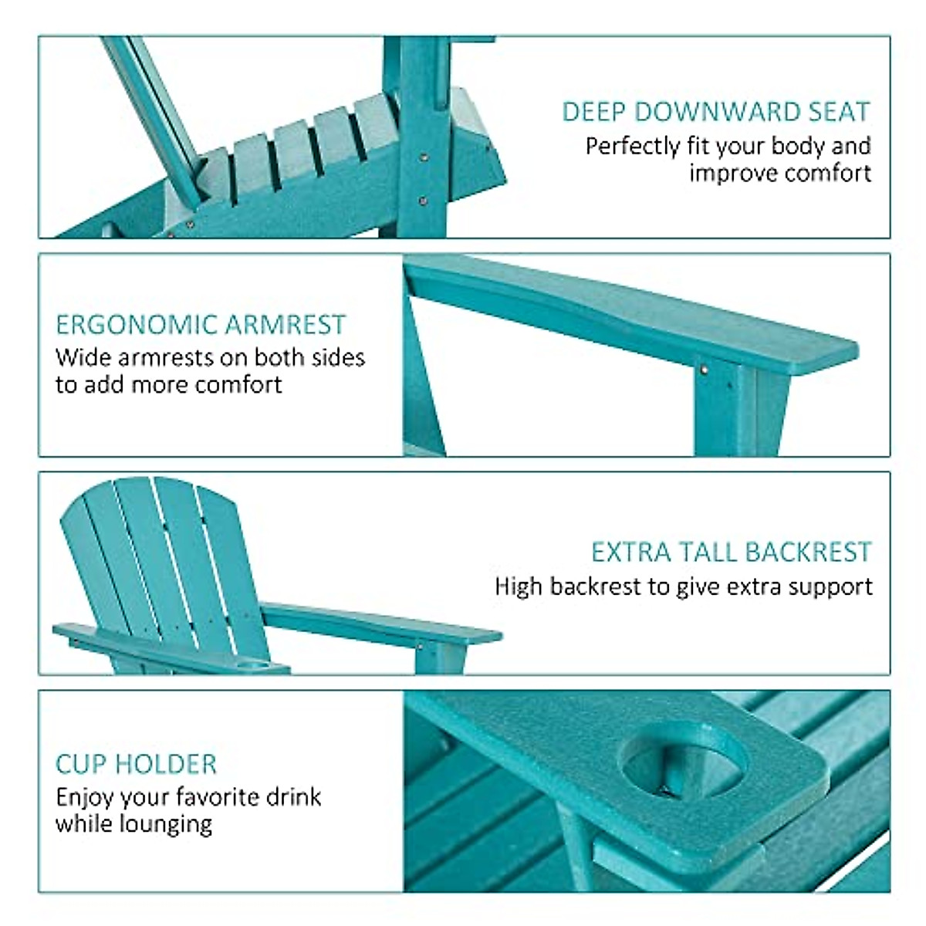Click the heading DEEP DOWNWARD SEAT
pos(715,113)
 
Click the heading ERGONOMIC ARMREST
pos(201,325)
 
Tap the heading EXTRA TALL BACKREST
pos(731,553)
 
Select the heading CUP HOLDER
pos(136,764)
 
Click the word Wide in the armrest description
pos(77,358)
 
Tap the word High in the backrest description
pos(519,587)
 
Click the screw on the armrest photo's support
pos(704,370)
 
